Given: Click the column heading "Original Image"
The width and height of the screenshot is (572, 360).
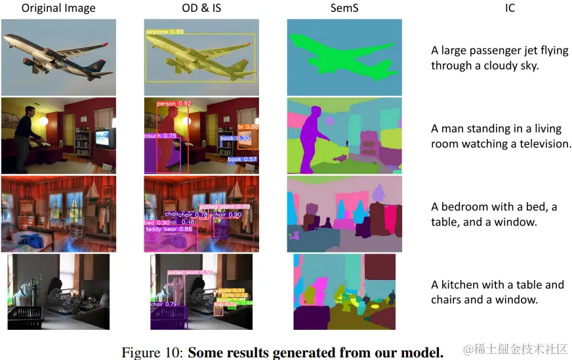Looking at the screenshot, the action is (58, 9).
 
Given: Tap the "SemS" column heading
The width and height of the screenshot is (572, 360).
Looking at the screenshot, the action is (344, 9).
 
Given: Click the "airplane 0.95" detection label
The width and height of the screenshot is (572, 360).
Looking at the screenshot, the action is (164, 31).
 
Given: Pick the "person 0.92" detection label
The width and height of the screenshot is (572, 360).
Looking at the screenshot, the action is (174, 104).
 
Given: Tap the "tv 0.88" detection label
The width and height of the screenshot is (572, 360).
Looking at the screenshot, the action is (248, 127).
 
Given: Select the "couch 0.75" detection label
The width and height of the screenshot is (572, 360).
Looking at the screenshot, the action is (161, 136).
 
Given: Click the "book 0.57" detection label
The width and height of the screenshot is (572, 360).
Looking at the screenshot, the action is (242, 159).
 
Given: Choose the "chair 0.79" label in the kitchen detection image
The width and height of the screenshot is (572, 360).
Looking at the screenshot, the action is (163, 304).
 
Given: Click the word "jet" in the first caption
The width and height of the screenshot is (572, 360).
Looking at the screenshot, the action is (530, 50).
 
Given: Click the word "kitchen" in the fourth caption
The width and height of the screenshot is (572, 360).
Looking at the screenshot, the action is (463, 285).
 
